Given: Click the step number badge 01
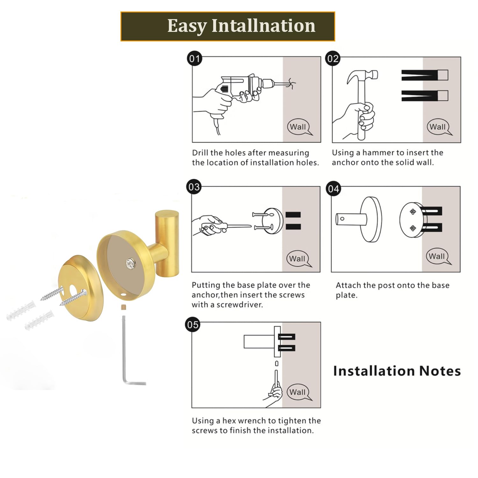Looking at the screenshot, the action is click(x=194, y=59).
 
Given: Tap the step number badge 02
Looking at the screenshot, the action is click(x=333, y=59).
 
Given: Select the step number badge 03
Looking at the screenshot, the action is click(x=194, y=187).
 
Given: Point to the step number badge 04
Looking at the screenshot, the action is click(x=333, y=189).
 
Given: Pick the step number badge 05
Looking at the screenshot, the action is click(x=193, y=325).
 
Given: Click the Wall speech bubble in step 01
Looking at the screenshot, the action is click(x=299, y=127).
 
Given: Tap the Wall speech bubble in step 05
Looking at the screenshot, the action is click(x=299, y=392).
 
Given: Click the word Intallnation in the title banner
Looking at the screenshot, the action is click(x=264, y=26).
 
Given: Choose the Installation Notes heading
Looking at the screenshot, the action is click(x=397, y=371).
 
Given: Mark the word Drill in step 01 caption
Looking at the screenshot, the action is click(x=200, y=153).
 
